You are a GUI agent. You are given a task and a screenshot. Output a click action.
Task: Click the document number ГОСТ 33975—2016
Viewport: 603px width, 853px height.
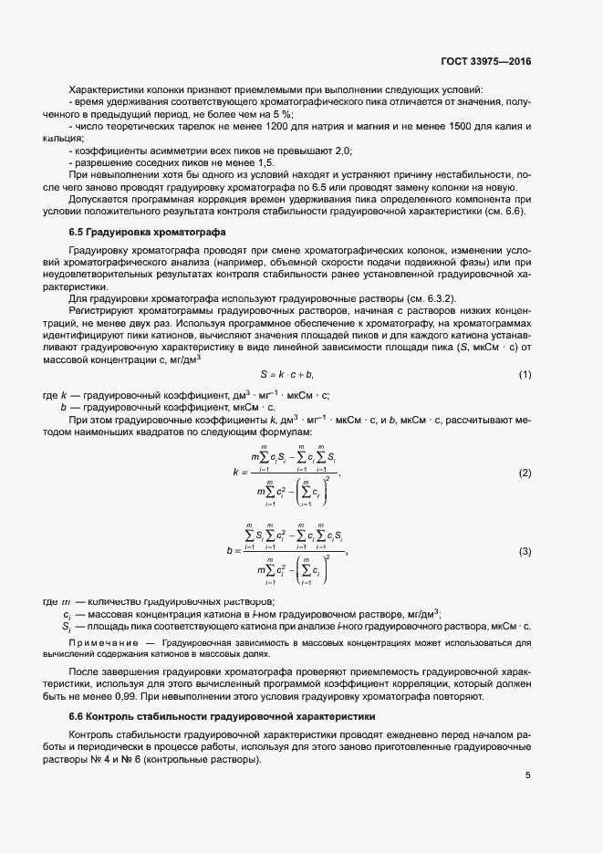[x=486, y=60]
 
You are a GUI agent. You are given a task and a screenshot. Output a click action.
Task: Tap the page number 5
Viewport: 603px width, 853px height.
[x=527, y=775]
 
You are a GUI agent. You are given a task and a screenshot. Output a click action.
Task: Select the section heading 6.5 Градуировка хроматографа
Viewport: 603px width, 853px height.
[x=141, y=232]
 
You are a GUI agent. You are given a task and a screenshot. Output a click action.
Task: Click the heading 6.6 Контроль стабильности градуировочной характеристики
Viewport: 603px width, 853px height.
[x=222, y=716]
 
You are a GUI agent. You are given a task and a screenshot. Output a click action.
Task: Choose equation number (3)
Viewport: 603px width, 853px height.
[x=525, y=551]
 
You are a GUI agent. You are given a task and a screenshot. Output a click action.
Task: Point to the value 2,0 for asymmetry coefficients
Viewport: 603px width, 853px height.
[x=341, y=150]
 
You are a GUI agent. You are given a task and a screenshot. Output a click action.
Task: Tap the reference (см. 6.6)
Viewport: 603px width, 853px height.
[x=507, y=212]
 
